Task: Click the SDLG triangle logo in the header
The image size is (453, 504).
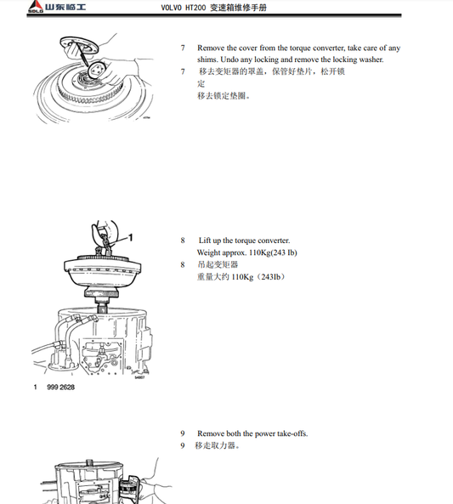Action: [36, 6]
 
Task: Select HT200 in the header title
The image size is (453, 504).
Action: [195, 8]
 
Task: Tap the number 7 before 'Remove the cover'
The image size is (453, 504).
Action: [183, 48]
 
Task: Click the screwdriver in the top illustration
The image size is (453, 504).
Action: [82, 54]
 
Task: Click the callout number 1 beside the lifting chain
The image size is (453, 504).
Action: [131, 237]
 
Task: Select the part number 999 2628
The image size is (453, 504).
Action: [60, 388]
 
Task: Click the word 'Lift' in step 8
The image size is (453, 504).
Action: [204, 241]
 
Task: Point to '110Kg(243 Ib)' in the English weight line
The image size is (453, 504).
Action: [273, 252]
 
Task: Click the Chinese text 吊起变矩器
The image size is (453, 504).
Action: [218, 264]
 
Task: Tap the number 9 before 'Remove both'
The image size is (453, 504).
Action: [183, 433]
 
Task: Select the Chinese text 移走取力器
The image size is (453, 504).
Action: [215, 446]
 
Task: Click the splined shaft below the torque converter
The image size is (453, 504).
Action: [102, 305]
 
